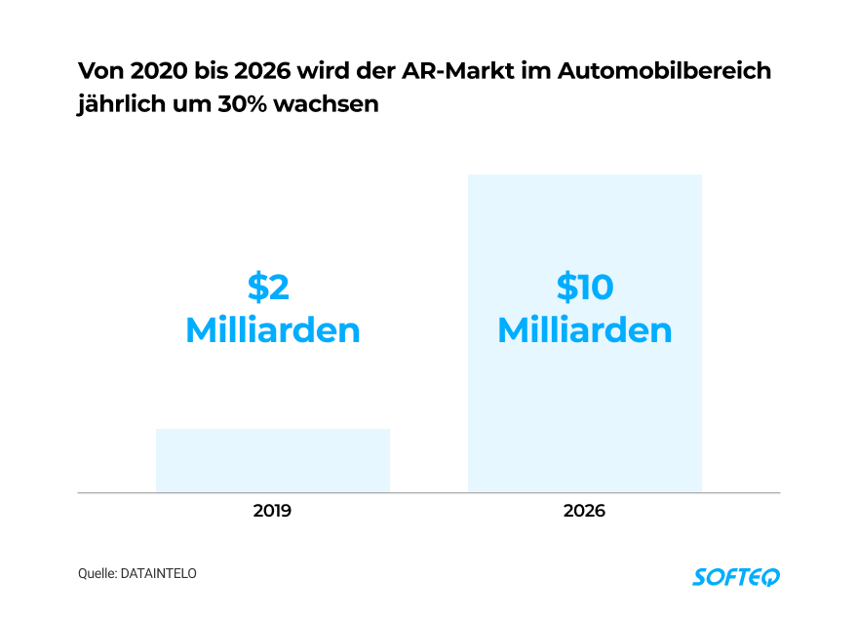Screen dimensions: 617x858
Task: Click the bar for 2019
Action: [x=272, y=460]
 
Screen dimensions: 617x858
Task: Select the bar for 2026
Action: [x=584, y=409]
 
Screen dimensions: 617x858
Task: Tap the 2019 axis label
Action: [x=272, y=511]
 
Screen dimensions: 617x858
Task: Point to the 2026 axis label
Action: [x=584, y=511]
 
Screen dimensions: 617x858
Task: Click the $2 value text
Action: [x=269, y=288]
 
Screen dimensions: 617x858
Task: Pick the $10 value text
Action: [x=584, y=288]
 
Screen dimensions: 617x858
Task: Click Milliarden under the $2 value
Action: [x=272, y=330]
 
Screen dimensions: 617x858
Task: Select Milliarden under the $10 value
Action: [x=584, y=330]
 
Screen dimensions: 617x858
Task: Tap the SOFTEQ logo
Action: [x=736, y=576]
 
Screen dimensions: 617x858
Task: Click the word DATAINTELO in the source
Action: [x=158, y=574]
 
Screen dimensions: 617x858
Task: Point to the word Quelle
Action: [x=97, y=574]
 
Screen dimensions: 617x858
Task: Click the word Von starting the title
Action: [x=97, y=72]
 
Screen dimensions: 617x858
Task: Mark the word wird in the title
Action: [x=333, y=72]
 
